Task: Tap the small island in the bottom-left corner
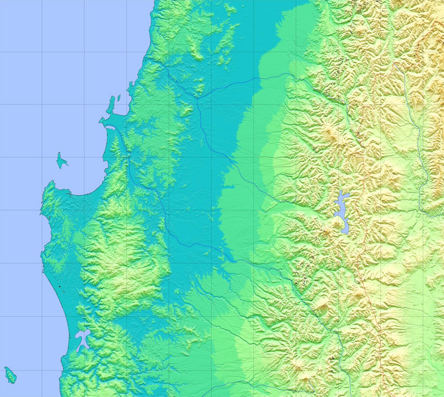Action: [10, 375]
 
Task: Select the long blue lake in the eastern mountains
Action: [343, 213]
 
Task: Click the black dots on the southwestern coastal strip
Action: [60, 286]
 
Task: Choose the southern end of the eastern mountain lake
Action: [345, 233]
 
